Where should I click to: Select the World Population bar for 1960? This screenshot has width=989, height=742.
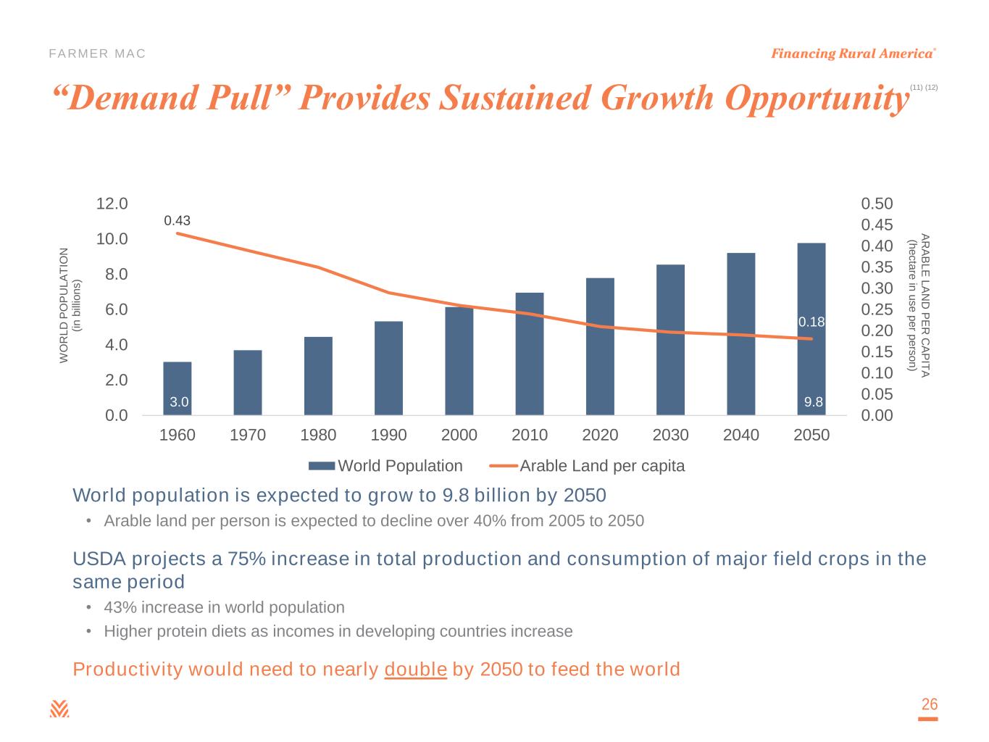[178, 384]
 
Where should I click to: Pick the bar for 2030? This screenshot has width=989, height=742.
[671, 340]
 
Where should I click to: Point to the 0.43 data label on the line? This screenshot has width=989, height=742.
[177, 220]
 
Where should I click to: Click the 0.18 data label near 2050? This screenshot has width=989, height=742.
[811, 322]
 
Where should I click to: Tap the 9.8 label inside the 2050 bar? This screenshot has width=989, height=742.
[814, 402]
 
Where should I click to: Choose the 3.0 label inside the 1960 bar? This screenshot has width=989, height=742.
[179, 402]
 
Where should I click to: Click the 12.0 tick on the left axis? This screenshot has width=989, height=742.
[112, 204]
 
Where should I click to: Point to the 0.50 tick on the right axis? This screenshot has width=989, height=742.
[877, 204]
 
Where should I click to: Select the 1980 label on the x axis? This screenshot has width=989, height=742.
[318, 435]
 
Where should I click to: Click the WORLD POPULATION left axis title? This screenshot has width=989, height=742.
[70, 305]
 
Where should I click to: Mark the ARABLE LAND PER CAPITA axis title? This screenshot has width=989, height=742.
[918, 305]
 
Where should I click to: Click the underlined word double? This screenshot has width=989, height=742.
[415, 669]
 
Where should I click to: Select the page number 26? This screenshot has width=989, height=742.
[929, 704]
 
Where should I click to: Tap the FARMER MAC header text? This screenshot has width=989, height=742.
[97, 54]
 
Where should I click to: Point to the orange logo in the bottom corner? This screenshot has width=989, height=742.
[59, 709]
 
